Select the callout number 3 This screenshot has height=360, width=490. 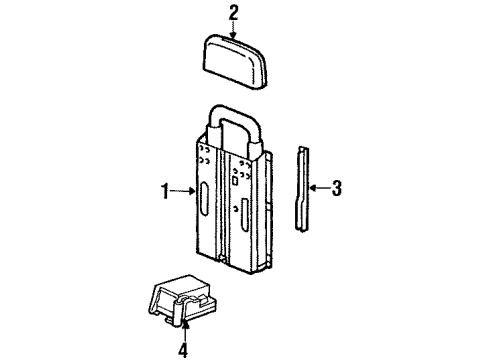[337, 187]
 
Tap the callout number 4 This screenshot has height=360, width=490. [183, 350]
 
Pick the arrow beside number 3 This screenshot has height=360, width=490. [318, 187]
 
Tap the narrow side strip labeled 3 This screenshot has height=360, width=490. [302, 185]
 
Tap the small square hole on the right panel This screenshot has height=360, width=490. [234, 182]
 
